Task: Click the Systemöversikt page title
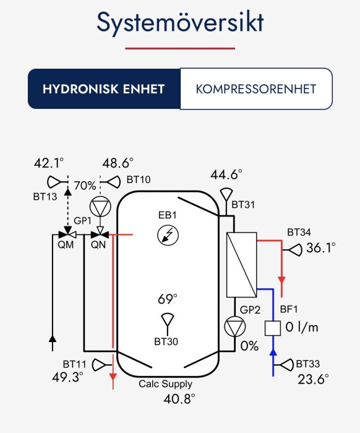pos(180,24)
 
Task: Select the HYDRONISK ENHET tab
pos(103,88)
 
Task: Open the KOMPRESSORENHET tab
pos(255,88)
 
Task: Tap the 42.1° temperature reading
pos(49,163)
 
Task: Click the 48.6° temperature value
pos(118,163)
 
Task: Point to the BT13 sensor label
pos(45,196)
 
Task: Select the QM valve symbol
pos(64,235)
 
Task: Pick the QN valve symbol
pos(98,235)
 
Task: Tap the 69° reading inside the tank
pos(166,299)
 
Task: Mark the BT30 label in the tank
pos(166,341)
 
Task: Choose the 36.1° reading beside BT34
pos(320,247)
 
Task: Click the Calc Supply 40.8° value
pos(179,398)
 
